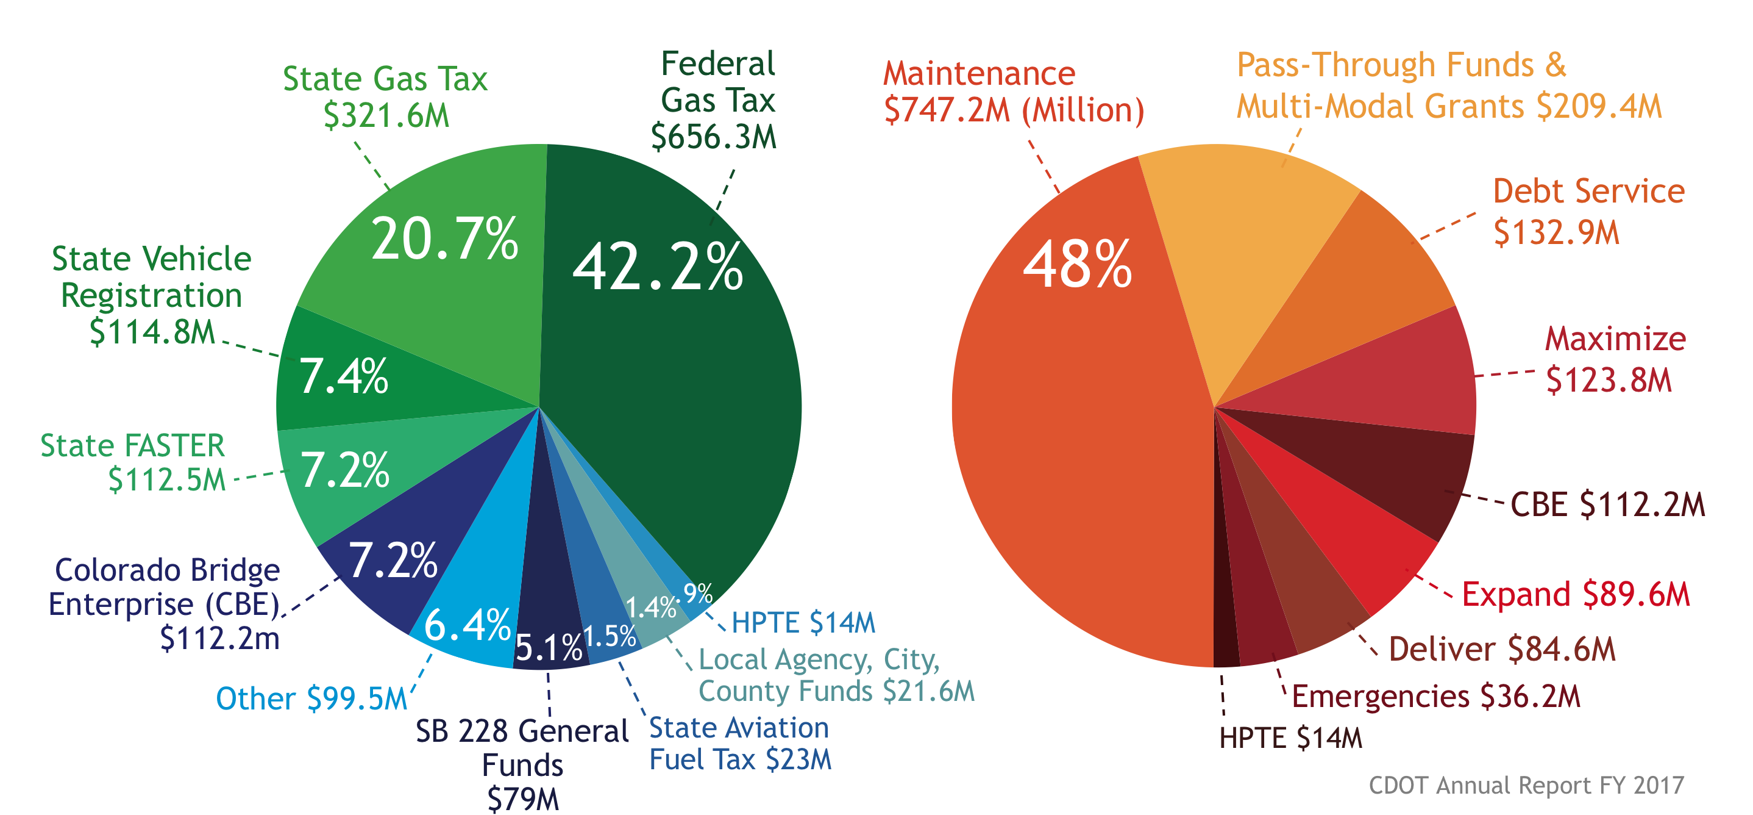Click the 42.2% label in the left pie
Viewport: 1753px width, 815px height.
(657, 267)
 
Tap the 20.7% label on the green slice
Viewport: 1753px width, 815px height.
(444, 239)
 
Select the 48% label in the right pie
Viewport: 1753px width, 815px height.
(1077, 264)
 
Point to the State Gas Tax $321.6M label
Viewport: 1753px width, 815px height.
(385, 96)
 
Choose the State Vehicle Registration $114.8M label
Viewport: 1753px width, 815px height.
(152, 295)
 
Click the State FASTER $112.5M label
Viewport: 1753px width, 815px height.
(133, 462)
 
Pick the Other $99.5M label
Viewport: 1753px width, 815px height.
(311, 698)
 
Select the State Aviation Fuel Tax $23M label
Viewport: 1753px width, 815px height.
(740, 744)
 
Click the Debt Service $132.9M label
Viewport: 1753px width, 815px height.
(1588, 212)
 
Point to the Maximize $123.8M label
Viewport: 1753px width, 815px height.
(1615, 359)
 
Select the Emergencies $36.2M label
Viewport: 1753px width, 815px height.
(1435, 697)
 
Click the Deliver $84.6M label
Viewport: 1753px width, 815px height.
(1501, 649)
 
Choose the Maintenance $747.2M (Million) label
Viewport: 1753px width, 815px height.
(1013, 92)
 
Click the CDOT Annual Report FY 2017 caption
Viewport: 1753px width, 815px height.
(1526, 785)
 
